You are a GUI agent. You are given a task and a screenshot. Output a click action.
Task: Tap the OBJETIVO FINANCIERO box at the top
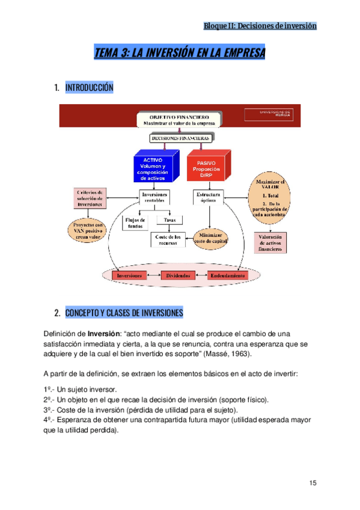coord(178,118)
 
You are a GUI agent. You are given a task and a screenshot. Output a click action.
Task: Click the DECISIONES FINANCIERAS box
coord(179,138)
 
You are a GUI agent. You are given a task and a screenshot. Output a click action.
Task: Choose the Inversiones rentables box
coord(154,198)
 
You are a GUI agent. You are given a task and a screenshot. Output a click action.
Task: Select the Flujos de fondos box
coord(135,222)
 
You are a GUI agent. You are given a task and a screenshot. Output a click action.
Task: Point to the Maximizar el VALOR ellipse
coord(270,197)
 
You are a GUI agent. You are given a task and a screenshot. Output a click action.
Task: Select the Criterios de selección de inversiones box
coord(91,198)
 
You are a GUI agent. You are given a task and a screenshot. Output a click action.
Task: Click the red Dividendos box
coord(178,275)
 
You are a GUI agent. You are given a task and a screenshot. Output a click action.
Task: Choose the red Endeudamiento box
coord(227,275)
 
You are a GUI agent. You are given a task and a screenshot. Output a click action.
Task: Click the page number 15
coord(313,483)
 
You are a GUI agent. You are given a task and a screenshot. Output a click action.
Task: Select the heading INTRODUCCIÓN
coord(89,87)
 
